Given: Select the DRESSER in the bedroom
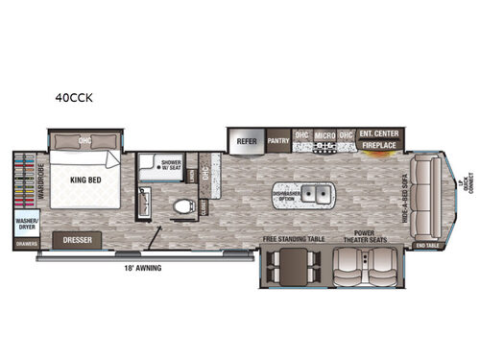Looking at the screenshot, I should tap(78, 241).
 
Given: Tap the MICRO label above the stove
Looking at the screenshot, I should tap(324, 135).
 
